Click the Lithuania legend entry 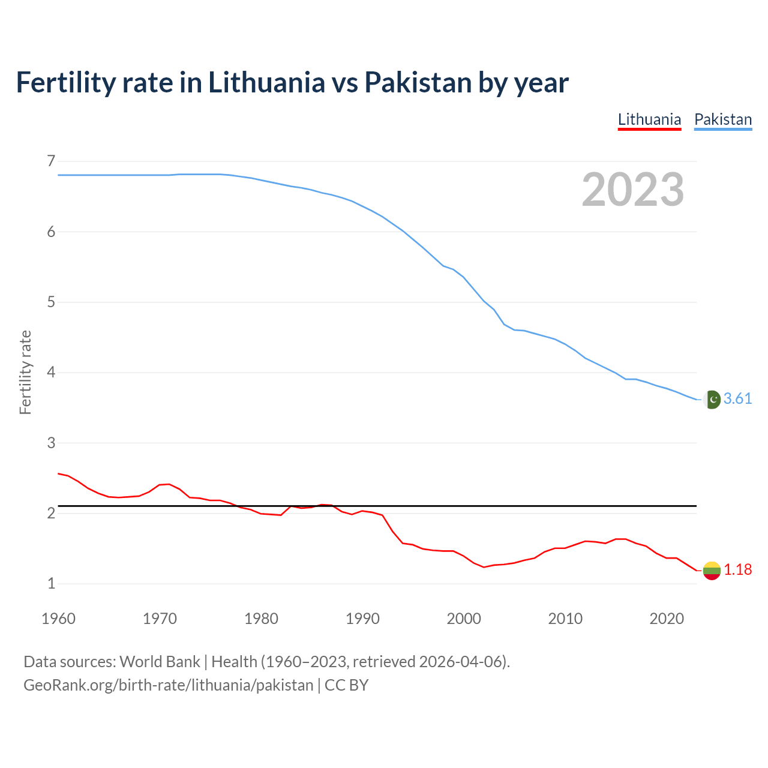point(649,119)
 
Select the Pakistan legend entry point(722,119)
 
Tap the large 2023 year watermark point(632,190)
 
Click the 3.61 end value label point(737,399)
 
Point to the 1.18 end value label point(737,569)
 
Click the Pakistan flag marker point(712,400)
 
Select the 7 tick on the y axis point(51,161)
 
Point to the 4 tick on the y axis point(51,372)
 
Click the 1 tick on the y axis point(51,583)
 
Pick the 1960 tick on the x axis point(58,619)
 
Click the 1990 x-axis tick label point(362,619)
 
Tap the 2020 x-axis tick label point(667,619)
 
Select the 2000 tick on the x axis point(464,619)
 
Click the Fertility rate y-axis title point(25,372)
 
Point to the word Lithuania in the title point(266,82)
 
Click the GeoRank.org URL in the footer point(168,685)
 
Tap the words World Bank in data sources point(160,662)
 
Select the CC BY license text point(346,685)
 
